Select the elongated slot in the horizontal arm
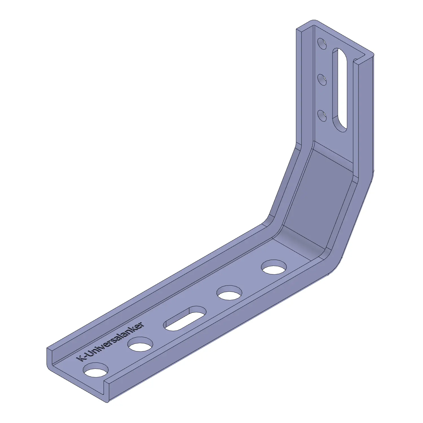pyautogui.click(x=185, y=318)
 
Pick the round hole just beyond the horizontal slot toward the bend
pyautogui.click(x=229, y=293)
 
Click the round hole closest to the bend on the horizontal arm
pyautogui.click(x=274, y=267)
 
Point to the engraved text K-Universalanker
pyautogui.click(x=111, y=342)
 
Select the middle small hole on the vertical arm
pyautogui.click(x=322, y=80)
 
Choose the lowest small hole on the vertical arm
pyautogui.click(x=322, y=116)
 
